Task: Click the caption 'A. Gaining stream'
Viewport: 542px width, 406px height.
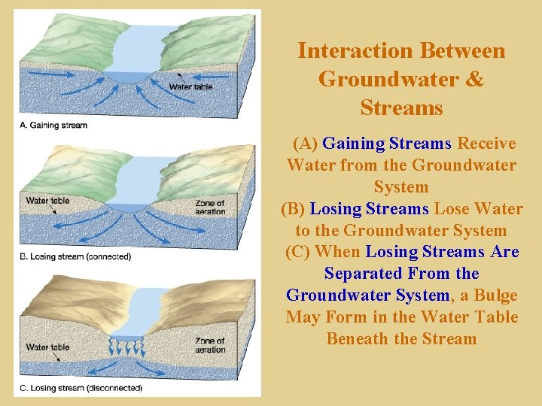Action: (x=53, y=125)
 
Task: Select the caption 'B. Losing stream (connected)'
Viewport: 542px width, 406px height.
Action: (x=74, y=256)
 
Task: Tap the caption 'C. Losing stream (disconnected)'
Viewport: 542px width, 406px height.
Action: (x=79, y=388)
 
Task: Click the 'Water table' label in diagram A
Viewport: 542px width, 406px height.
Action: (x=190, y=87)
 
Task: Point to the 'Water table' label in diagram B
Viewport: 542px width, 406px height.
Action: (x=48, y=201)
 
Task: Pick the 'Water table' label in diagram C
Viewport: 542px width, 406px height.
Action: (x=48, y=347)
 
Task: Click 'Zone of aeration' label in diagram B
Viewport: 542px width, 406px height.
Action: (x=209, y=207)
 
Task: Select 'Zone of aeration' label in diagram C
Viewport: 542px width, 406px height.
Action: (x=209, y=346)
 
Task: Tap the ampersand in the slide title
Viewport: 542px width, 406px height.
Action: (x=476, y=79)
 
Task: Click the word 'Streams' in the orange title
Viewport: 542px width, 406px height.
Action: (x=401, y=108)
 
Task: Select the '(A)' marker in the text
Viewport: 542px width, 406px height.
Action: (x=305, y=143)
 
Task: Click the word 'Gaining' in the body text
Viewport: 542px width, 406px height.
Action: (x=353, y=143)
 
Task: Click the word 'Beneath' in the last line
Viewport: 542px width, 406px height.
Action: (x=358, y=339)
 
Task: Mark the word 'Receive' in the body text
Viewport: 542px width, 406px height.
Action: (x=486, y=143)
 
